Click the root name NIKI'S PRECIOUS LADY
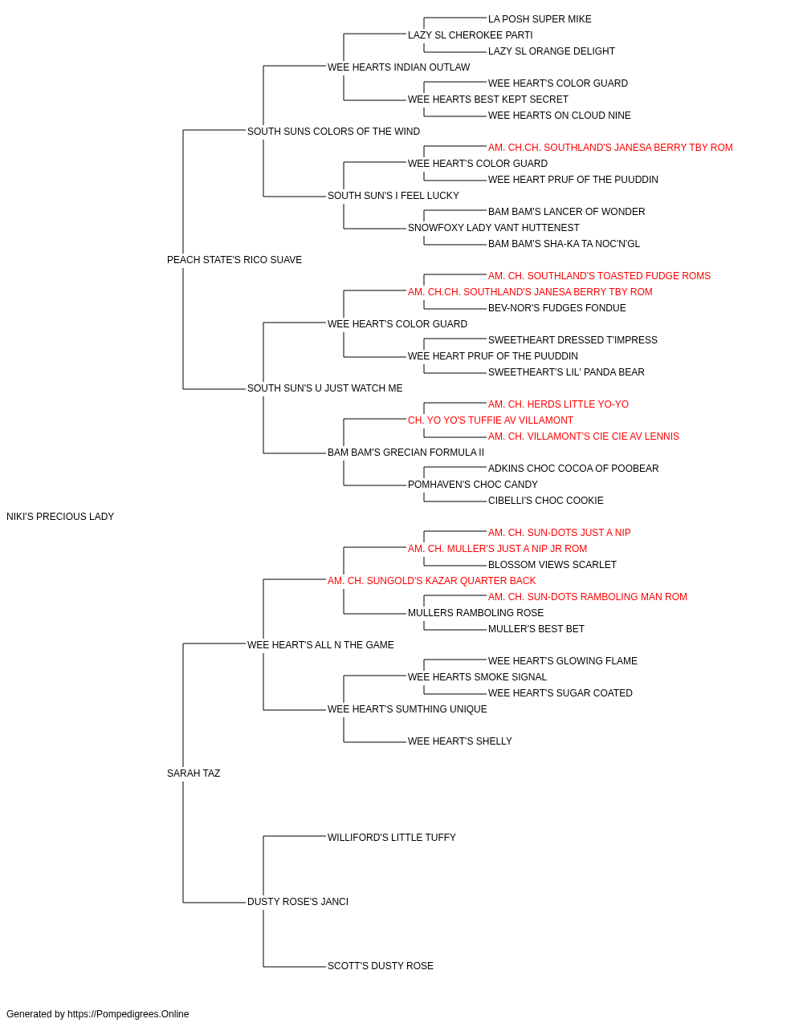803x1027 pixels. (60, 517)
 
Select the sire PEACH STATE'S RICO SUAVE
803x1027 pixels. (234, 260)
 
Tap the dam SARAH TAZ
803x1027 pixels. (194, 773)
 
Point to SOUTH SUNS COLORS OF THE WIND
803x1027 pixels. (333, 132)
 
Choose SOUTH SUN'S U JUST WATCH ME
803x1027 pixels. (325, 388)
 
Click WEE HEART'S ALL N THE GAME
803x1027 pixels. (320, 644)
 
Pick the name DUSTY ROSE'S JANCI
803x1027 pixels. (298, 901)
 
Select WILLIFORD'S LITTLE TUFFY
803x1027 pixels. (392, 838)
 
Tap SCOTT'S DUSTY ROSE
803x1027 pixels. (380, 965)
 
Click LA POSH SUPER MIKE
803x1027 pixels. (540, 19)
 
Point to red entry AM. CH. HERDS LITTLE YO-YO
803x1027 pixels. (559, 404)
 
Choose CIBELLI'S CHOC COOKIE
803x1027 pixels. (546, 501)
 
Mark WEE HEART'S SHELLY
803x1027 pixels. (459, 741)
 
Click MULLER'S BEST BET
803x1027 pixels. (536, 628)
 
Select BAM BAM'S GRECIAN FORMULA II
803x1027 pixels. (406, 453)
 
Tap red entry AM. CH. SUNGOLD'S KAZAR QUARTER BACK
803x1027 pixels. (432, 580)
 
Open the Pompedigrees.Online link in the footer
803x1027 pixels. (128, 1014)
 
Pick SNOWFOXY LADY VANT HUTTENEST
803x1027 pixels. (493, 228)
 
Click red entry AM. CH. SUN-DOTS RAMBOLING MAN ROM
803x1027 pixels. (587, 596)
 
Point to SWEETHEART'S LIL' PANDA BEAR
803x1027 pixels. (566, 372)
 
